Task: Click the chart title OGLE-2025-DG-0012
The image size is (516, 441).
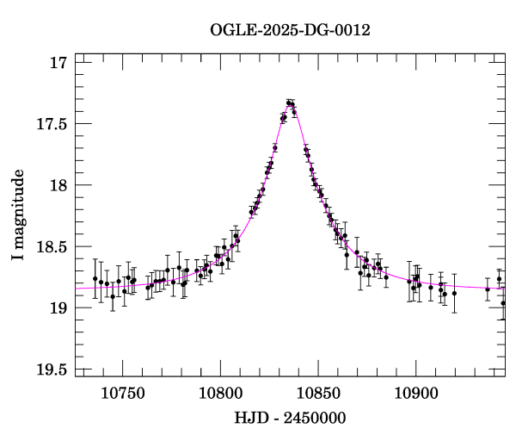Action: click(290, 30)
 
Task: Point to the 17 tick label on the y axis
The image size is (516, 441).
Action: click(58, 63)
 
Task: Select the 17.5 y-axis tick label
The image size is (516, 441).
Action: click(51, 124)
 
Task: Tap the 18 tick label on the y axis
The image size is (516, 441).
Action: click(58, 185)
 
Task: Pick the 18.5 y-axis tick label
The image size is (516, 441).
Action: click(51, 247)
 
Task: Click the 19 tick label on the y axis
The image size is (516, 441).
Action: click(58, 308)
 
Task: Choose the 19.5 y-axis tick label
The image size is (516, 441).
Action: click(51, 370)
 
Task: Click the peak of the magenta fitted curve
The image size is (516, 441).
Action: click(291, 103)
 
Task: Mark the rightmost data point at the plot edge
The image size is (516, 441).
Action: click(504, 303)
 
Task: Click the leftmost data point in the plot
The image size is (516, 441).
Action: click(95, 278)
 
